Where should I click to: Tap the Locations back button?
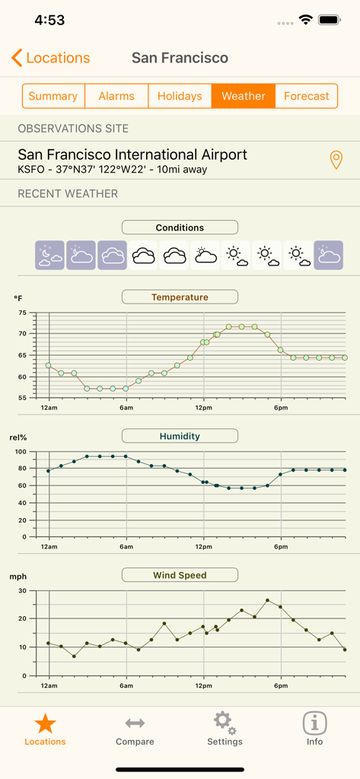(50, 58)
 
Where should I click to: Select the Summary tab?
(53, 96)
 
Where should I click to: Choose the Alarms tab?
(116, 96)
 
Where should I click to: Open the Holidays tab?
(180, 96)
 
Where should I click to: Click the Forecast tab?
(306, 96)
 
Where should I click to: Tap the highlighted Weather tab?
(244, 96)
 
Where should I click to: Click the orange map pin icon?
(336, 160)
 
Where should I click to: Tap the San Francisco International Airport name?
(132, 154)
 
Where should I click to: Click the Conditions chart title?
(180, 227)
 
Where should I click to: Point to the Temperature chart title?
(180, 297)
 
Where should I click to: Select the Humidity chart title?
(180, 436)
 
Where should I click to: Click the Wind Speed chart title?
(180, 575)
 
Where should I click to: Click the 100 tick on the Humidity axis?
(21, 452)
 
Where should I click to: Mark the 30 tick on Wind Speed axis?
(22, 590)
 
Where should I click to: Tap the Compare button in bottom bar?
(135, 730)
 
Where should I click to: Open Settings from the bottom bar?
(225, 730)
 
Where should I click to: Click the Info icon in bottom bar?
(314, 723)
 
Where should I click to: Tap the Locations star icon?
(45, 723)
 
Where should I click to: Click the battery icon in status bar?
(330, 21)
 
